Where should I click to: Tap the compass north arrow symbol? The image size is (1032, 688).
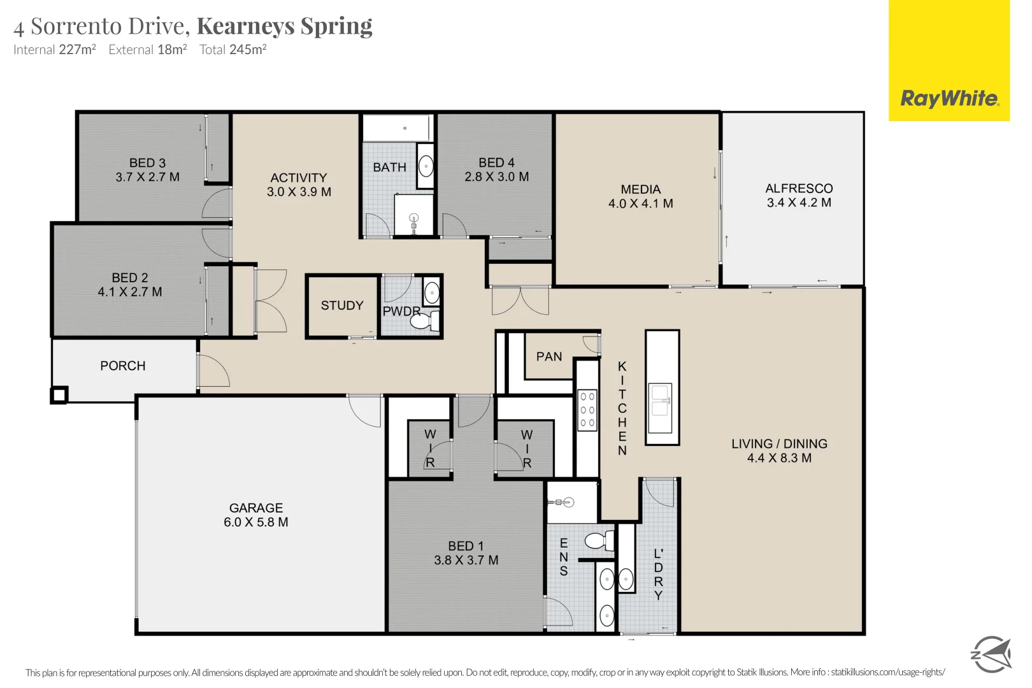tap(991, 654)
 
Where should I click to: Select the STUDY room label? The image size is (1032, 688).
tap(342, 306)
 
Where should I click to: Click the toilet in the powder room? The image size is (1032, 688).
tap(426, 320)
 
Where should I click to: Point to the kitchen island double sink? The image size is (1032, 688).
tap(660, 408)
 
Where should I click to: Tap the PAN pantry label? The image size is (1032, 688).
tap(549, 357)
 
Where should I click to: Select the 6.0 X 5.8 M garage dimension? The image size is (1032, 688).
tap(255, 522)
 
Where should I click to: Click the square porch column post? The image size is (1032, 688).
tap(59, 395)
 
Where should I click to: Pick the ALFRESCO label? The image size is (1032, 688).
tap(799, 189)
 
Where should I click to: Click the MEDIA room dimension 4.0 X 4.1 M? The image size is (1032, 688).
tap(640, 203)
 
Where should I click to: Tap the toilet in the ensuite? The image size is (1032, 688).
tap(599, 541)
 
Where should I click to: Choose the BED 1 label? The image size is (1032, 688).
tap(466, 546)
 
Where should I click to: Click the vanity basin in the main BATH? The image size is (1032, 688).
tap(426, 166)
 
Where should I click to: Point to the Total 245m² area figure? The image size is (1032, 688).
tap(233, 49)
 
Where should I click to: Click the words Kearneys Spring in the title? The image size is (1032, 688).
tap(285, 26)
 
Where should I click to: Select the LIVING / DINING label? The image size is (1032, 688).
tap(779, 444)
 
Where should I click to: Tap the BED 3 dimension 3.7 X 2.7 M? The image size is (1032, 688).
tap(147, 177)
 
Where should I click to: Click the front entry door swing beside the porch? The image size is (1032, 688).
tap(213, 370)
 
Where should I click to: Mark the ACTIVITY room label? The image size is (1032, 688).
tap(299, 178)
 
